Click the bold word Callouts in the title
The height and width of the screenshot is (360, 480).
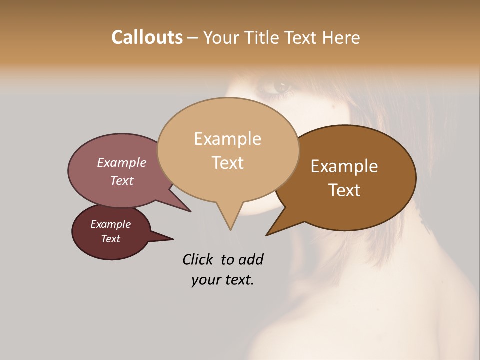point(147,37)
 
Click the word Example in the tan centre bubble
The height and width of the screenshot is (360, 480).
point(227,139)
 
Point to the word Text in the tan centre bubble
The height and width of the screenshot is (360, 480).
point(228,163)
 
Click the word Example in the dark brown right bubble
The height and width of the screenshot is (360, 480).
point(344,166)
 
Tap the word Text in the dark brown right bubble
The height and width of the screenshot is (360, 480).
point(345,190)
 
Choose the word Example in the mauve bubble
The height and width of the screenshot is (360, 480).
point(121,163)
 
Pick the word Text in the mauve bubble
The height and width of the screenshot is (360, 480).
point(122,180)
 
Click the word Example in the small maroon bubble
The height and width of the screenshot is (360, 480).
point(110,224)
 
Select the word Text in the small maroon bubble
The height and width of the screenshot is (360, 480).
point(111,239)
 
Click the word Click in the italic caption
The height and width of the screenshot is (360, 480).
point(198,259)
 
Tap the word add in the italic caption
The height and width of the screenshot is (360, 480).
point(251,259)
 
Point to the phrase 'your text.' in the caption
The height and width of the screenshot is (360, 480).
point(223,280)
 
